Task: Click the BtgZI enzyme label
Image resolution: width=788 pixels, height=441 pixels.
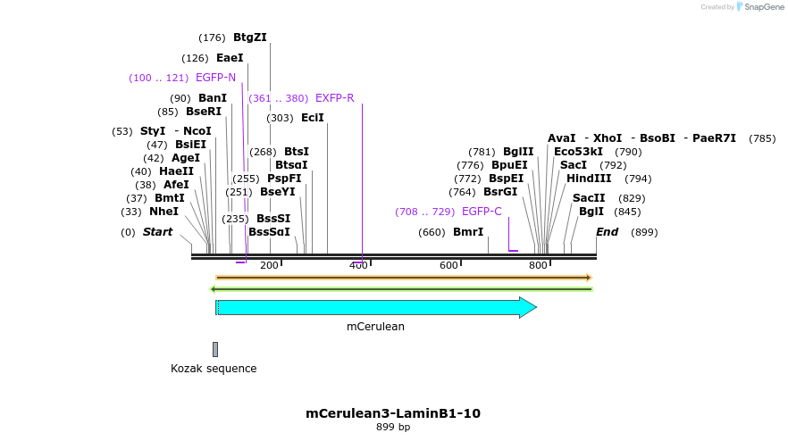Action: (x=249, y=37)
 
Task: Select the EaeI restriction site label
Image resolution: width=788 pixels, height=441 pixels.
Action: (x=230, y=58)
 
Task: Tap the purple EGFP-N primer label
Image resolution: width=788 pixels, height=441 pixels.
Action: (x=215, y=78)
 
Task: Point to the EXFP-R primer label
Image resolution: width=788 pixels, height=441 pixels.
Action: (x=334, y=98)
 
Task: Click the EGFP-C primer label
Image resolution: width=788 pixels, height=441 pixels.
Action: (x=482, y=212)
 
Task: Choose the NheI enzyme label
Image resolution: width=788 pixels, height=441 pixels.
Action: (x=163, y=212)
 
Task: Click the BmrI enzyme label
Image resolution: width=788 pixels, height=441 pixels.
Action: (x=468, y=232)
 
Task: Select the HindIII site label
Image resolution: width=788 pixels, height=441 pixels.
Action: (x=589, y=179)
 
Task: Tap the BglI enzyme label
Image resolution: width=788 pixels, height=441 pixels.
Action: (x=591, y=212)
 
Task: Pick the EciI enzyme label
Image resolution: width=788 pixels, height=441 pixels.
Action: (x=313, y=118)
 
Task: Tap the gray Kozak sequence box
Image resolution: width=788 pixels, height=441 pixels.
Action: (x=215, y=349)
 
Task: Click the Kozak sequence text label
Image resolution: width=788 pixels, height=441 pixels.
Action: (x=214, y=369)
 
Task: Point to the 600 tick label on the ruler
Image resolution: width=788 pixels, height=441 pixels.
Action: (x=448, y=265)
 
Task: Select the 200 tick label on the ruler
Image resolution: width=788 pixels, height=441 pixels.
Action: (x=269, y=265)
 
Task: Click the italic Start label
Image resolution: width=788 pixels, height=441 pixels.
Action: (x=157, y=232)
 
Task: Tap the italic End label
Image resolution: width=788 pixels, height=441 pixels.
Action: (x=608, y=232)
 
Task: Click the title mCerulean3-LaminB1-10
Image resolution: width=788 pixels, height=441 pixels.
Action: (x=393, y=413)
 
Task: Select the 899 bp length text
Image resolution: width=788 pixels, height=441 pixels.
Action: (x=393, y=427)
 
